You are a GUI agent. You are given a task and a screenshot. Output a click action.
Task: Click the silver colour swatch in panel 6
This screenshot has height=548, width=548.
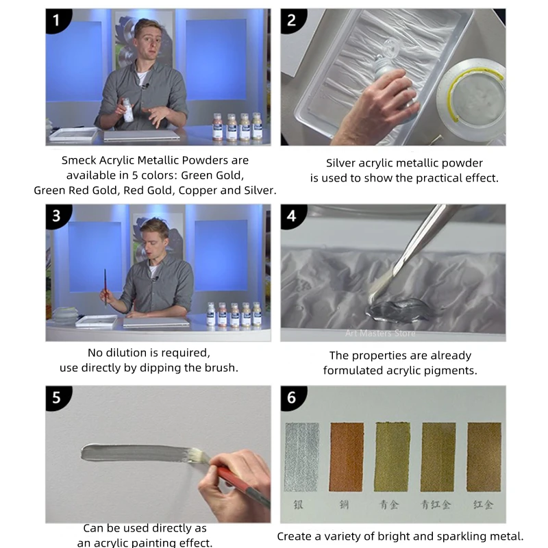pos(301,456)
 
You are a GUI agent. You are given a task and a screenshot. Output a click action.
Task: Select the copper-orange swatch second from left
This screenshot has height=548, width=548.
pos(346,456)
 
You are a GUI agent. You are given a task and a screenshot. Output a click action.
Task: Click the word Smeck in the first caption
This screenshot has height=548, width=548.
pos(79,160)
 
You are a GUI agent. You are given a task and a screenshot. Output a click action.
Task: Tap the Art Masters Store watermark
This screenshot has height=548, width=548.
pos(380,334)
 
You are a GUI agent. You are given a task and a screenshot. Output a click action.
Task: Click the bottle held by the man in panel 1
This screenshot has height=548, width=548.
pos(127,110)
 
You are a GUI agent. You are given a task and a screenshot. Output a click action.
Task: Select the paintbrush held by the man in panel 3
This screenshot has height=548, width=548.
pos(105,286)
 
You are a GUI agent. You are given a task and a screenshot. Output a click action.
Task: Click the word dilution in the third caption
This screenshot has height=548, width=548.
pos(129,353)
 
